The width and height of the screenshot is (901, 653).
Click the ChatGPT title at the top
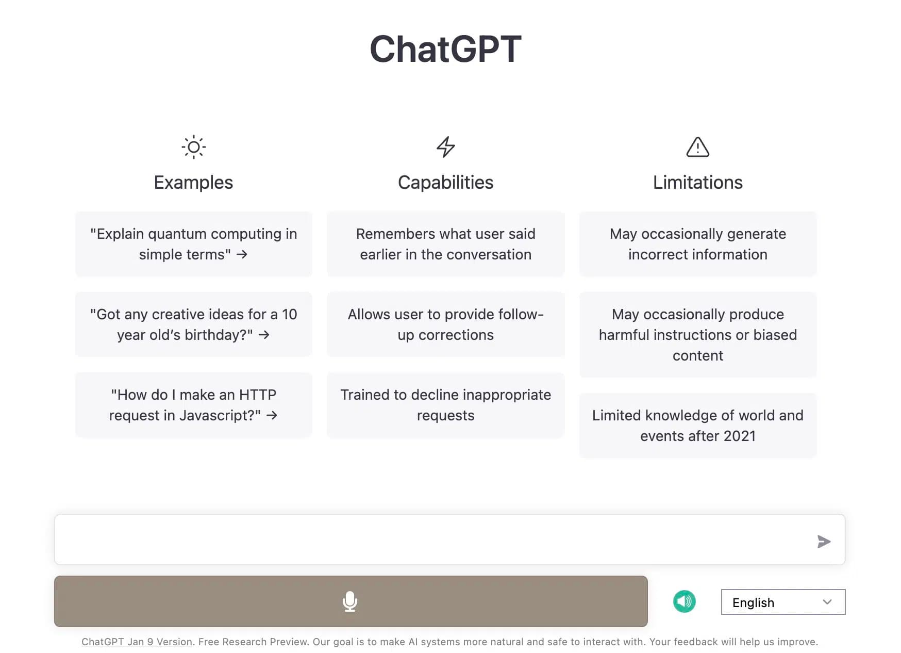coord(445,50)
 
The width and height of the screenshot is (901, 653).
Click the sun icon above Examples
coord(193,147)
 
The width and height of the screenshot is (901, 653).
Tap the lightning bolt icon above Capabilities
coord(445,147)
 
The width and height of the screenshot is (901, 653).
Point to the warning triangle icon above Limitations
coord(697,147)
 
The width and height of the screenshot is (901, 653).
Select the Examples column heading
coord(193,183)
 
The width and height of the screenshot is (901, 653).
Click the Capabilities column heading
coord(445,183)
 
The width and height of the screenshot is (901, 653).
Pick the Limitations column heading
coord(697,183)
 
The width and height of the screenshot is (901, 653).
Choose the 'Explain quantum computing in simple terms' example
coord(193,244)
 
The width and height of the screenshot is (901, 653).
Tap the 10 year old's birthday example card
coord(193,324)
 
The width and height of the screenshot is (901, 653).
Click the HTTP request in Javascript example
coord(193,405)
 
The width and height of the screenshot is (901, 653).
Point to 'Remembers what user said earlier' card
coord(445,244)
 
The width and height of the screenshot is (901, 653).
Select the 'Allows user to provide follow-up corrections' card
coord(445,324)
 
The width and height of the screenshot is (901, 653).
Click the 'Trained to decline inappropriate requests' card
coord(445,405)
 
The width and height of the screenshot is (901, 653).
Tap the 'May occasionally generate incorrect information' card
coord(697,244)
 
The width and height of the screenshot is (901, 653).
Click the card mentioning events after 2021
coord(697,426)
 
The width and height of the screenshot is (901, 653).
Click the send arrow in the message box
coord(823,541)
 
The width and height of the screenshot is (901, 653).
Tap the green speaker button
coord(684,601)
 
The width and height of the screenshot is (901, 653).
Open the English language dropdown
coord(782,602)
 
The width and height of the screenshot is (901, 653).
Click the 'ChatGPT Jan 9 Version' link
coord(137,642)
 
